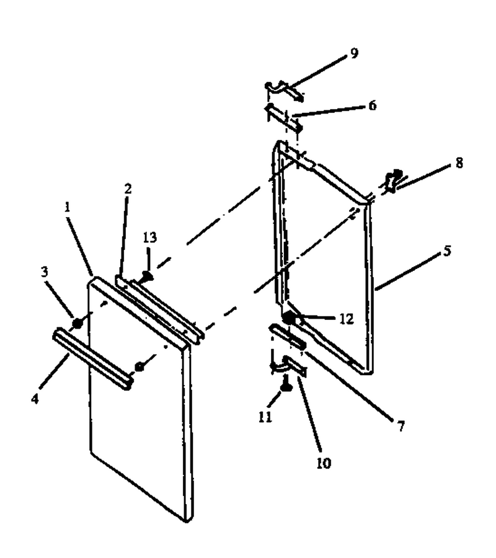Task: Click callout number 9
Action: (353, 53)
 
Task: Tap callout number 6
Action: (372, 105)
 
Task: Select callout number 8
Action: (459, 163)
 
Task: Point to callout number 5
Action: (447, 250)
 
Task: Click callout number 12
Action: (346, 319)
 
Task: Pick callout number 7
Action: (401, 425)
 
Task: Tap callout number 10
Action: (324, 463)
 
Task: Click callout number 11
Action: (265, 417)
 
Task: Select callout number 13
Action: (150, 237)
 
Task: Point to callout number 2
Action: (128, 188)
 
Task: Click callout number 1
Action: (67, 206)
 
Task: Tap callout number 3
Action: (44, 272)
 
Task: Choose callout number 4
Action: (35, 399)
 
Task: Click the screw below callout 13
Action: (146, 275)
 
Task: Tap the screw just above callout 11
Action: (286, 386)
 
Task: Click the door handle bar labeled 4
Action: (93, 359)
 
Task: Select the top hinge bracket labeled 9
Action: (284, 90)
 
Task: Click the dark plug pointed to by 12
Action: (289, 316)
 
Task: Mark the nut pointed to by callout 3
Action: (77, 323)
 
